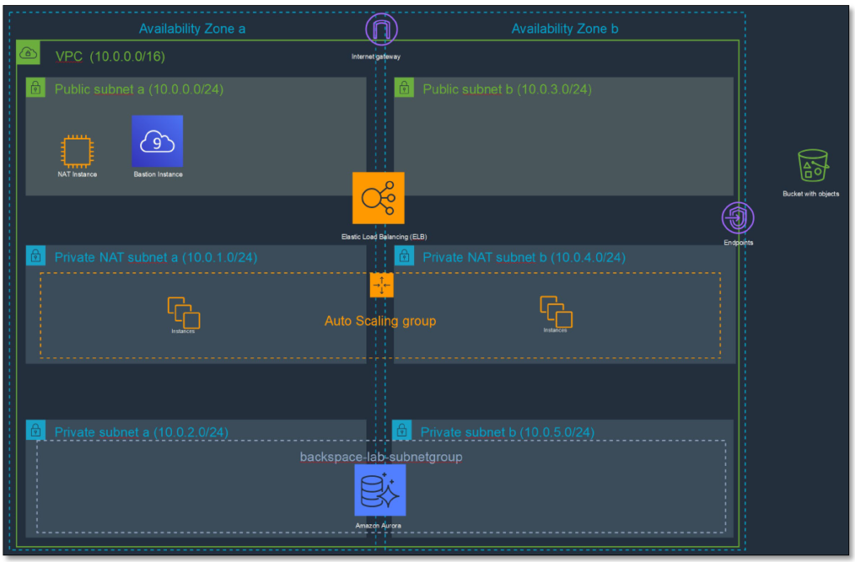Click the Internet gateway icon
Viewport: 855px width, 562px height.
click(x=381, y=29)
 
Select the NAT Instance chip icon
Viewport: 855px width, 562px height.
click(x=77, y=151)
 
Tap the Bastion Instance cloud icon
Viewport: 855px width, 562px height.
click(x=157, y=141)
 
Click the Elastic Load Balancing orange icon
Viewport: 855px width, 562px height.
click(x=378, y=198)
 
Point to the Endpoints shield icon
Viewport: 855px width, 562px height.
click(x=738, y=218)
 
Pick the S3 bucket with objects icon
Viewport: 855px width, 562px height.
click(x=813, y=165)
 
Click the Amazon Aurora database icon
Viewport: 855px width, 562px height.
click(x=380, y=490)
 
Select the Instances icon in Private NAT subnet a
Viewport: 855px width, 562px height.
click(x=184, y=312)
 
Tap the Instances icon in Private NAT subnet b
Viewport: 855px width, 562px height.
click(x=556, y=311)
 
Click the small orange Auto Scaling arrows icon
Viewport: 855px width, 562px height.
click(x=382, y=285)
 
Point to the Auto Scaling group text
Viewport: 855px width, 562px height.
click(x=380, y=321)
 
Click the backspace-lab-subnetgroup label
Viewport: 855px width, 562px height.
click(x=381, y=457)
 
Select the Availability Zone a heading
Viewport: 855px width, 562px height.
click(x=192, y=29)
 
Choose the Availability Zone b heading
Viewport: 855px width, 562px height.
click(x=565, y=29)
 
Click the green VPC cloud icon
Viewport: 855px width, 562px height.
click(x=28, y=53)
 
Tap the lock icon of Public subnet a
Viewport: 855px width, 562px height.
click(x=35, y=88)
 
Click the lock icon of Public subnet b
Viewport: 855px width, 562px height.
click(x=404, y=88)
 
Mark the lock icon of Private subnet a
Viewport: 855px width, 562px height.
click(x=35, y=431)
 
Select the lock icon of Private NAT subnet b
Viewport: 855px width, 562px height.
click(x=404, y=256)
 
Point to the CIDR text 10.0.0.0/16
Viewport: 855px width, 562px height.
click(x=127, y=57)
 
